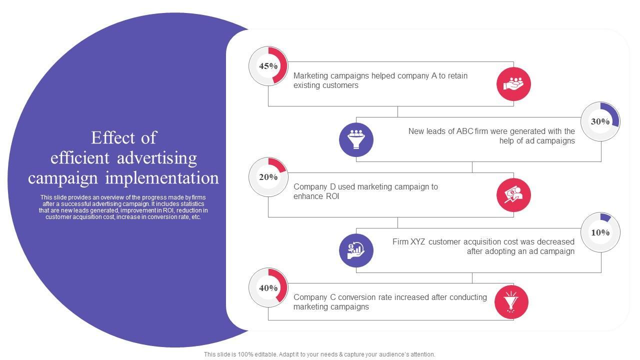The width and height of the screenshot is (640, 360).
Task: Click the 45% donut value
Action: (x=268, y=66)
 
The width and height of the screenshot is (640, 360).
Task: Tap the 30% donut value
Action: (x=600, y=121)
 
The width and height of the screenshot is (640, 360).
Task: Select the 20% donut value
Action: (x=268, y=177)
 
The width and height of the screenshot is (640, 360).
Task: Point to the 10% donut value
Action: (x=600, y=232)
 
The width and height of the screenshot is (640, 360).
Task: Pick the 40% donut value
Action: (x=268, y=288)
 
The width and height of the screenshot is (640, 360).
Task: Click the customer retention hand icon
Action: (x=513, y=84)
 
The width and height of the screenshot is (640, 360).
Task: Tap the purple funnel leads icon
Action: (x=356, y=139)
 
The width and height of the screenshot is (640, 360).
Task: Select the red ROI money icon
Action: (x=513, y=195)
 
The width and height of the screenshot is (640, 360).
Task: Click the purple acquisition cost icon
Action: (x=356, y=250)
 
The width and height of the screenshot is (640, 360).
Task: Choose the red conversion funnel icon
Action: (x=511, y=302)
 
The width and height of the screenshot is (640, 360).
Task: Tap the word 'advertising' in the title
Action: (x=157, y=158)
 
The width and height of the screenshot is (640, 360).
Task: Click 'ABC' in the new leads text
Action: (x=465, y=131)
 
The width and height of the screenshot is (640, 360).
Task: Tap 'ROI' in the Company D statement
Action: (x=330, y=196)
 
